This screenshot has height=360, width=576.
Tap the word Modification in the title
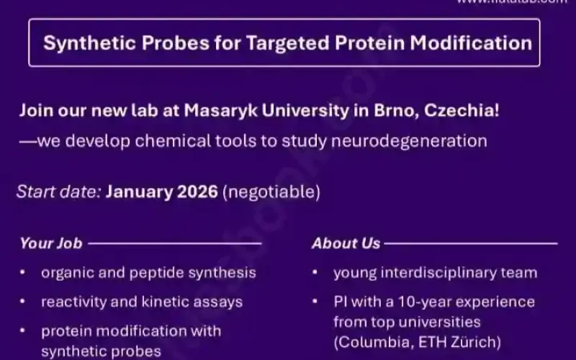tap(471, 42)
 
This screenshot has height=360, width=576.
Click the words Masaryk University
tap(272, 112)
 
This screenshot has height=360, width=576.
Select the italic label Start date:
tap(59, 192)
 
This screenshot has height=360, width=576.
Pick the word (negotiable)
tap(271, 192)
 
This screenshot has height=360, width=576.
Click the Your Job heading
tap(51, 243)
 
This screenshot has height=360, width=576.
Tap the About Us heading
tap(346, 243)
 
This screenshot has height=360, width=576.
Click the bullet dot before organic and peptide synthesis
tap(24, 273)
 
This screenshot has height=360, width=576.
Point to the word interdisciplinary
tap(440, 273)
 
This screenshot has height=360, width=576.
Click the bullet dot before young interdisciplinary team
tap(316, 273)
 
